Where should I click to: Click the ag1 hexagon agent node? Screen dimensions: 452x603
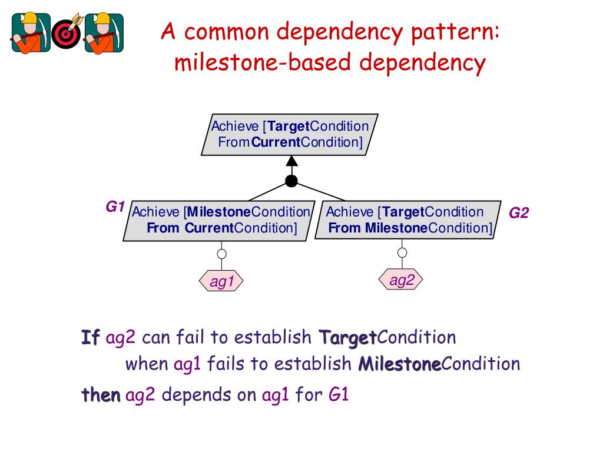click(x=222, y=282)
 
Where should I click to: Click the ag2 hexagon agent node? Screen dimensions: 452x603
click(x=402, y=281)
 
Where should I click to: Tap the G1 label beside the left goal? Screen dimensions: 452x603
click(x=115, y=207)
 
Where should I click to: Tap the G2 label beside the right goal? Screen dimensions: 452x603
click(x=519, y=213)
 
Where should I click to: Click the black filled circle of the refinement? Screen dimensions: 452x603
click(x=291, y=181)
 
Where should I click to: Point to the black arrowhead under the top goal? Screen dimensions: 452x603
click(x=291, y=161)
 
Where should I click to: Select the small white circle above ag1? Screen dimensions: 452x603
click(x=222, y=254)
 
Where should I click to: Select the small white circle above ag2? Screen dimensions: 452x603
click(x=402, y=252)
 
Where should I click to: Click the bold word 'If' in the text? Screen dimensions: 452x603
click(x=91, y=338)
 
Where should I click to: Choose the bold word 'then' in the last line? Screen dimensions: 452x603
click(x=101, y=394)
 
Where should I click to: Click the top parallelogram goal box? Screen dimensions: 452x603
click(x=290, y=134)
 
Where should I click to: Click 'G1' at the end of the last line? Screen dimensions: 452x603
click(x=339, y=394)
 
